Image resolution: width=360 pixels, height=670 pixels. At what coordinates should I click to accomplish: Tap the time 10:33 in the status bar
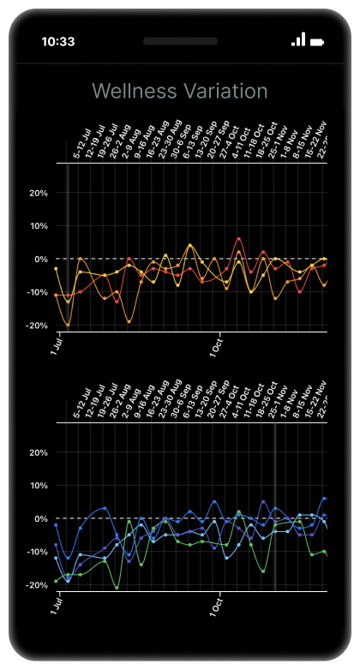(x=57, y=40)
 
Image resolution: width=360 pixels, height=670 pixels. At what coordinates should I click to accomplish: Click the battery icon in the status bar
(x=318, y=40)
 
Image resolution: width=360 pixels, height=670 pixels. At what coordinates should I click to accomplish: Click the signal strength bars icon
(x=298, y=39)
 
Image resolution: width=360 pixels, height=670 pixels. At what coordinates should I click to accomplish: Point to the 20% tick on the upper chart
(x=38, y=193)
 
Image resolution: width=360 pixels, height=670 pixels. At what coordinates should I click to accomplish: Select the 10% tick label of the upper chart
(x=38, y=226)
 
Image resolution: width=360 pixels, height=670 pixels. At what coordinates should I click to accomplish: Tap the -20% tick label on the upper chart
(x=36, y=326)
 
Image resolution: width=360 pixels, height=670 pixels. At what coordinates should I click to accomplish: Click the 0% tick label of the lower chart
(x=40, y=518)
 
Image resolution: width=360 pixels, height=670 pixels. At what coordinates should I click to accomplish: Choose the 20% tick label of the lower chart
(x=38, y=452)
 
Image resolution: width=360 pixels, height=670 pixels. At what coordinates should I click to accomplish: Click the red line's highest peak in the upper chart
(x=238, y=238)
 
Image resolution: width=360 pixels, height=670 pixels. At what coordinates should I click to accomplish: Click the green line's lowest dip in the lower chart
(x=117, y=588)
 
